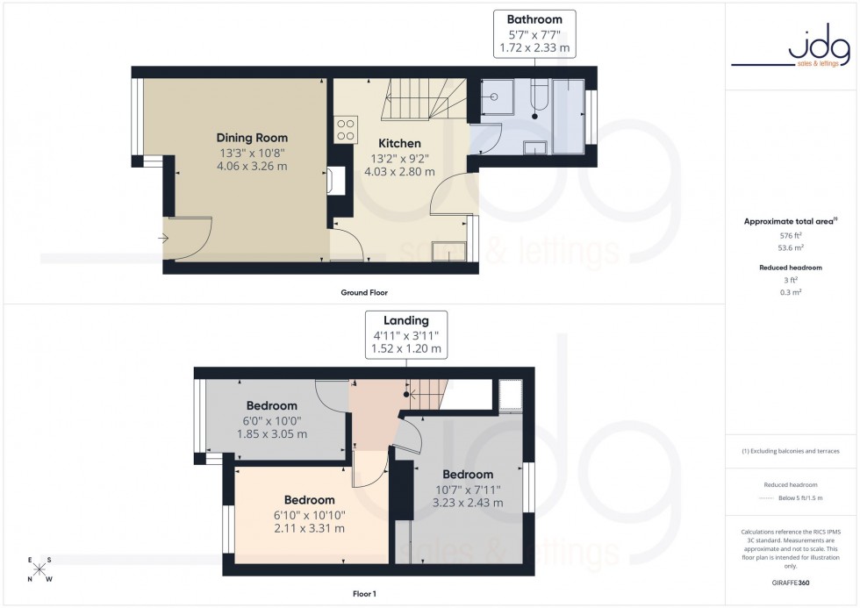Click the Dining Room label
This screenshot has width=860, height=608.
click(x=252, y=138)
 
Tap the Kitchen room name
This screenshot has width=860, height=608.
click(x=399, y=143)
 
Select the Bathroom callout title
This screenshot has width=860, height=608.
click(x=534, y=19)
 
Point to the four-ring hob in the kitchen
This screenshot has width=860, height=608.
click(x=345, y=130)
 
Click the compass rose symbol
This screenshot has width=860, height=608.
click(x=40, y=569)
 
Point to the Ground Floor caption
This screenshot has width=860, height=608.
click(x=364, y=292)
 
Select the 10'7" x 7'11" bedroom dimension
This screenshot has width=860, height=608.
click(x=467, y=489)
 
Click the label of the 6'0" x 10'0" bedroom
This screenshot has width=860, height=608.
click(x=271, y=406)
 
